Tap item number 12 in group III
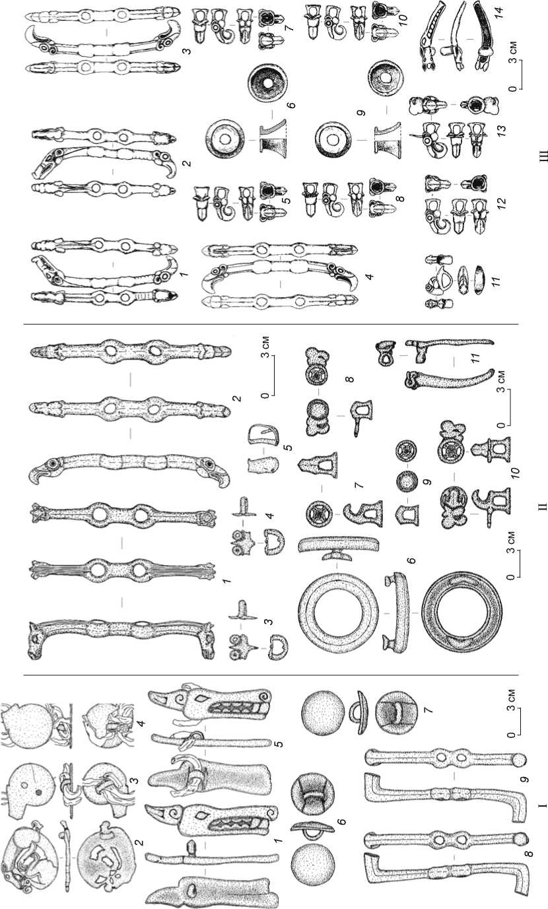pos(500,202)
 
